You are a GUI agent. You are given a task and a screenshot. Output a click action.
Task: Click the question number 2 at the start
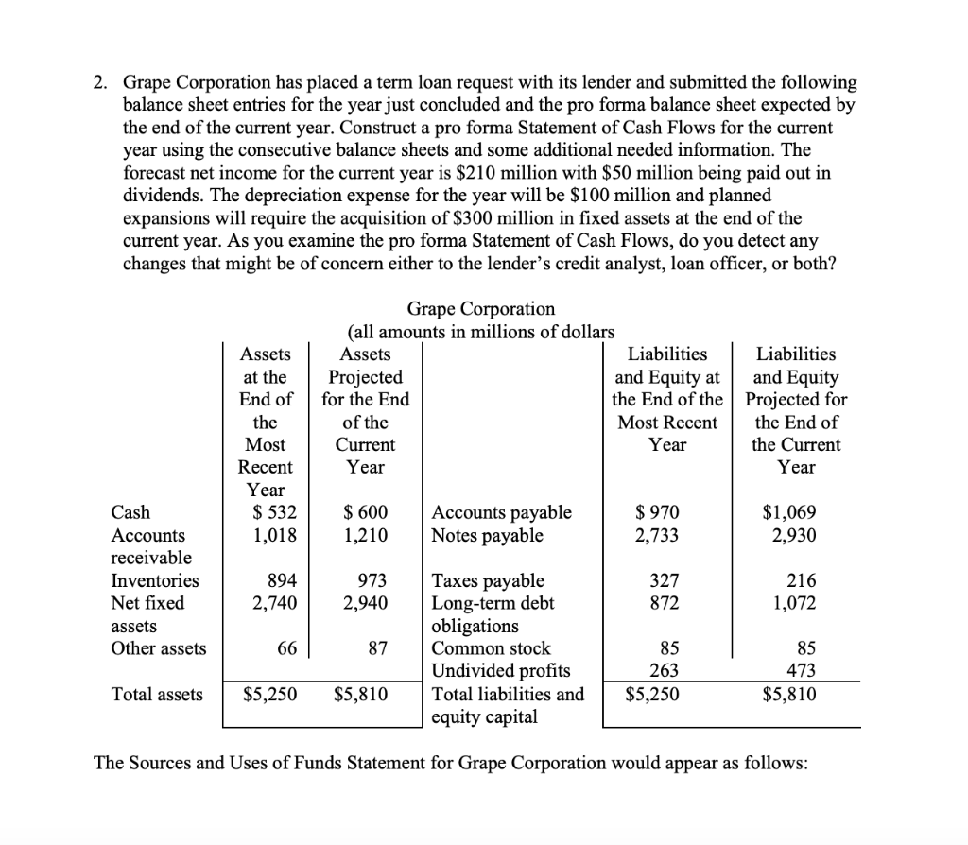[x=100, y=82]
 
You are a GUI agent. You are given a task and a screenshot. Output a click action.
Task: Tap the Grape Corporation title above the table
[x=481, y=309]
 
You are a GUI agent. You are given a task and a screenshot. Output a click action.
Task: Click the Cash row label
[x=130, y=512]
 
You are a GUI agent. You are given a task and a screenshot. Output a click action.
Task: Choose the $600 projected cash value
[x=366, y=512]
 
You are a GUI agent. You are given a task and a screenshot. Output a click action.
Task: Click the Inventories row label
[x=155, y=580]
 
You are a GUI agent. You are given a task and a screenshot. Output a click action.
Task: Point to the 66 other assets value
[x=285, y=648]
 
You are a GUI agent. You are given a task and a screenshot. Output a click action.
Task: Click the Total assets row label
[x=157, y=695]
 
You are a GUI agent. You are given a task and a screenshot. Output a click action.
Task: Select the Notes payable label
[x=487, y=535]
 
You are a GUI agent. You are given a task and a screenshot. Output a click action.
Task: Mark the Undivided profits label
[x=500, y=671]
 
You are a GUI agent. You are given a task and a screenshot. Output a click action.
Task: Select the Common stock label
[x=491, y=648]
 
